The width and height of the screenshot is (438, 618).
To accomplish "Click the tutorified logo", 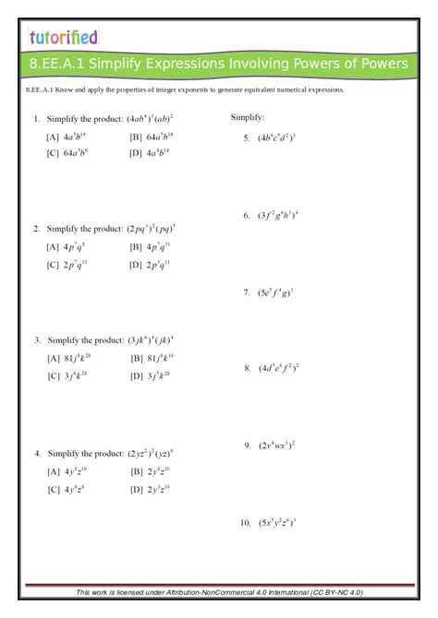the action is tap(63, 37).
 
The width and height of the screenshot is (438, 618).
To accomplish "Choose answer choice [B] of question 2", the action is tap(151, 247).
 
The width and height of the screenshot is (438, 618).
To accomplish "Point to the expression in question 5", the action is tap(276, 138).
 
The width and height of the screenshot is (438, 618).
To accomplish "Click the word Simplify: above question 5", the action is tap(248, 118).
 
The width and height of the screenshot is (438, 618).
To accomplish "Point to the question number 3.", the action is tap(36, 339).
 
